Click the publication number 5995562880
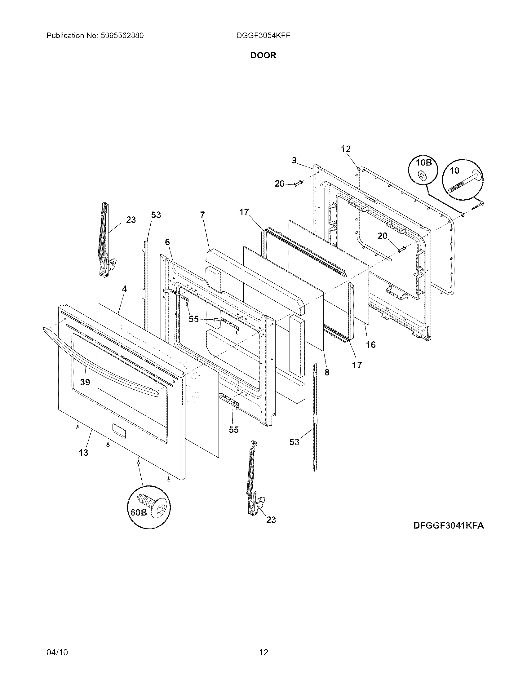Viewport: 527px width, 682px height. point(122,36)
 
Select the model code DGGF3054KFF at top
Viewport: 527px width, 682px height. point(263,36)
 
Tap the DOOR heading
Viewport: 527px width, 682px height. point(263,55)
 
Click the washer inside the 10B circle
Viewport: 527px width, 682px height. point(422,176)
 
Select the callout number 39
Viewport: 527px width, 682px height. point(85,382)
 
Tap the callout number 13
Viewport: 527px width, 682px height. point(83,452)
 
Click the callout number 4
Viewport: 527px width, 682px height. point(124,289)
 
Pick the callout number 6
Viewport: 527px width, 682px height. point(167,242)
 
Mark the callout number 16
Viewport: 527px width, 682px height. point(371,344)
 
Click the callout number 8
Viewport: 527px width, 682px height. point(326,372)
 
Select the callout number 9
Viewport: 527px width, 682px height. point(294,160)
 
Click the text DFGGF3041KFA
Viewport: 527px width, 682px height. point(448,525)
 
